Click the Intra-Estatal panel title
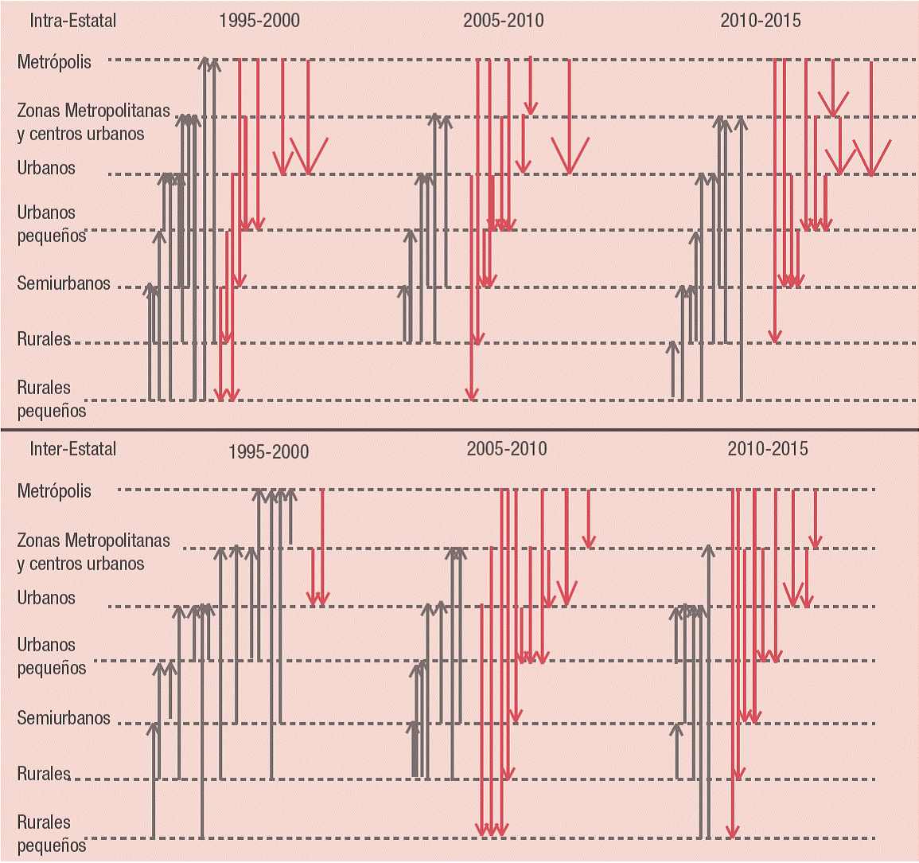tap(72, 20)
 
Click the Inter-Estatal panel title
tap(72, 449)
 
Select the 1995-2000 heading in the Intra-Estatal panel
tap(259, 20)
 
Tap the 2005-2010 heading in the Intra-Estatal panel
tap(504, 20)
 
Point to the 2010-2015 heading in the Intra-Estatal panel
tap(761, 20)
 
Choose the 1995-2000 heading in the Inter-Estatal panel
tap(268, 452)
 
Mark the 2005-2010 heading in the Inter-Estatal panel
tap(507, 449)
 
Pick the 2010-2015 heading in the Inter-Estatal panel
tap(768, 449)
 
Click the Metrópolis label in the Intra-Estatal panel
tap(54, 62)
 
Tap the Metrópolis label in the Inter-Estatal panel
tap(54, 491)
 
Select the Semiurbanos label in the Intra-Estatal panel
tap(64, 283)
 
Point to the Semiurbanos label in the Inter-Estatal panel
tap(64, 718)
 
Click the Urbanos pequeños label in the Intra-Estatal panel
tap(52, 225)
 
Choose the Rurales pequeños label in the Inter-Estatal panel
tap(52, 834)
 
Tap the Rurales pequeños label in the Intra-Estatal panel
tap(52, 399)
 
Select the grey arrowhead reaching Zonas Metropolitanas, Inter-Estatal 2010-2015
tap(709, 551)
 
